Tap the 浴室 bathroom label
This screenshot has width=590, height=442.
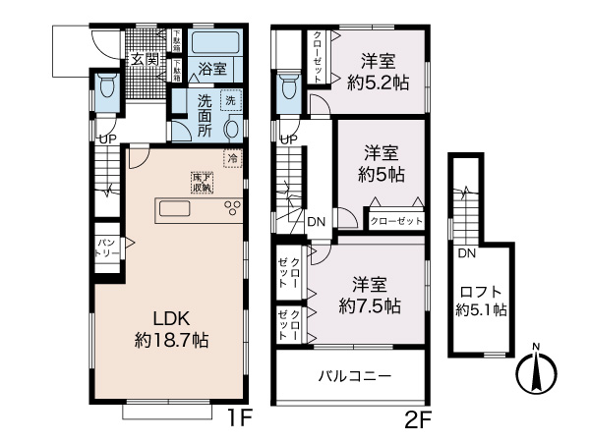coord(213,69)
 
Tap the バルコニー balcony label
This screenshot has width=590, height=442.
coord(355,375)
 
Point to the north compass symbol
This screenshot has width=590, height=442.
coord(536,371)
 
